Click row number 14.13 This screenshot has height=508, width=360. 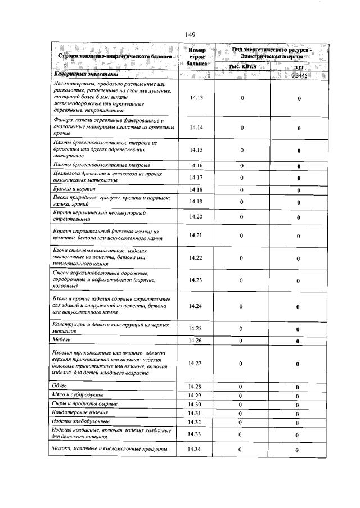click(196, 98)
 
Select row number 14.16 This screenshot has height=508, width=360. click(196, 166)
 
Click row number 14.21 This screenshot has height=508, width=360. click(196, 235)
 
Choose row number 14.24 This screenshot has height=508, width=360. click(196, 306)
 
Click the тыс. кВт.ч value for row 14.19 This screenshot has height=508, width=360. click(242, 202)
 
